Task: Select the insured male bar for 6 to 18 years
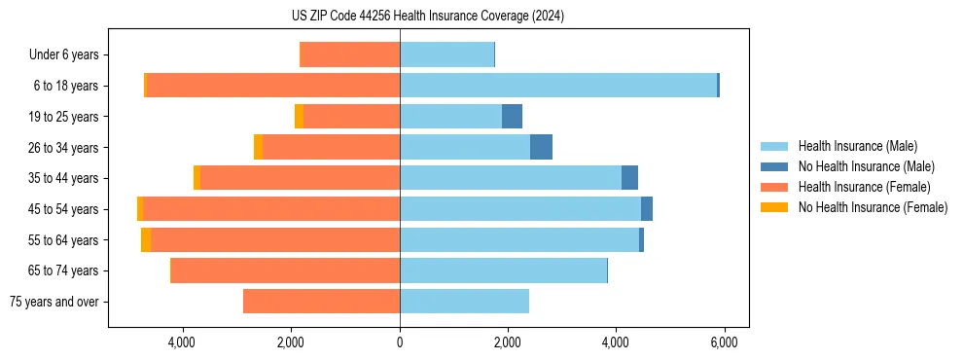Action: (x=557, y=86)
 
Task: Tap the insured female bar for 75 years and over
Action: (x=321, y=302)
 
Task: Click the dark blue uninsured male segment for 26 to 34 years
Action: (x=541, y=147)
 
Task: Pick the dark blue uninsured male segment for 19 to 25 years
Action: (x=512, y=117)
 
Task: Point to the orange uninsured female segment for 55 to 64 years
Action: (x=146, y=240)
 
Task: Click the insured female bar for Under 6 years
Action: (x=350, y=54)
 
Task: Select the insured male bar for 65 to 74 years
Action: (x=503, y=270)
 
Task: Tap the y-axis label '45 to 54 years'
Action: (x=63, y=209)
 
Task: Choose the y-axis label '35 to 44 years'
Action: (x=63, y=178)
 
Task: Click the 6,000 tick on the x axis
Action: (x=723, y=342)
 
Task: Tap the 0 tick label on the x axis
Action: (x=400, y=342)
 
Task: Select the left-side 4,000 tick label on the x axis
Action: (x=183, y=342)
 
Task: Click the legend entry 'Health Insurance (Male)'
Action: (x=857, y=146)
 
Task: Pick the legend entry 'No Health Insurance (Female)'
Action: (x=873, y=207)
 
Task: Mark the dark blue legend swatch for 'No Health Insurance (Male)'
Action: (x=776, y=166)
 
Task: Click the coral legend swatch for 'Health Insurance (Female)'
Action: (x=776, y=187)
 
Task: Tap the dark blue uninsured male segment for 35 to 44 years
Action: (x=629, y=178)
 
